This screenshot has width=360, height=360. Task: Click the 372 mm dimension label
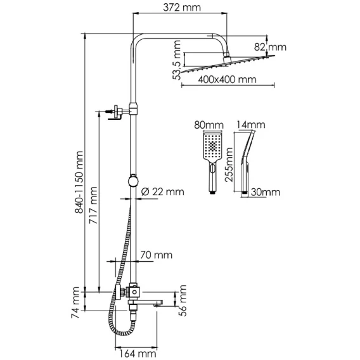tap(182, 8)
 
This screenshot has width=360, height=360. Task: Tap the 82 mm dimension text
tap(270, 48)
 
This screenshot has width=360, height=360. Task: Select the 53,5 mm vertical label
tap(177, 60)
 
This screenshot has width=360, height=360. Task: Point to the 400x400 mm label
tap(227, 80)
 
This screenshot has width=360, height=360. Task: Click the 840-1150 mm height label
tap(79, 183)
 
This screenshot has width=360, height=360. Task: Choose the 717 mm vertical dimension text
tap(93, 205)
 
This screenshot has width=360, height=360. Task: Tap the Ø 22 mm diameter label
tap(162, 191)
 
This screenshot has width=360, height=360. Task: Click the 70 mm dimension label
tap(156, 255)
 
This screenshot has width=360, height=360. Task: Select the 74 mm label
tap(75, 302)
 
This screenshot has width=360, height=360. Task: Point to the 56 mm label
tap(183, 300)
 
